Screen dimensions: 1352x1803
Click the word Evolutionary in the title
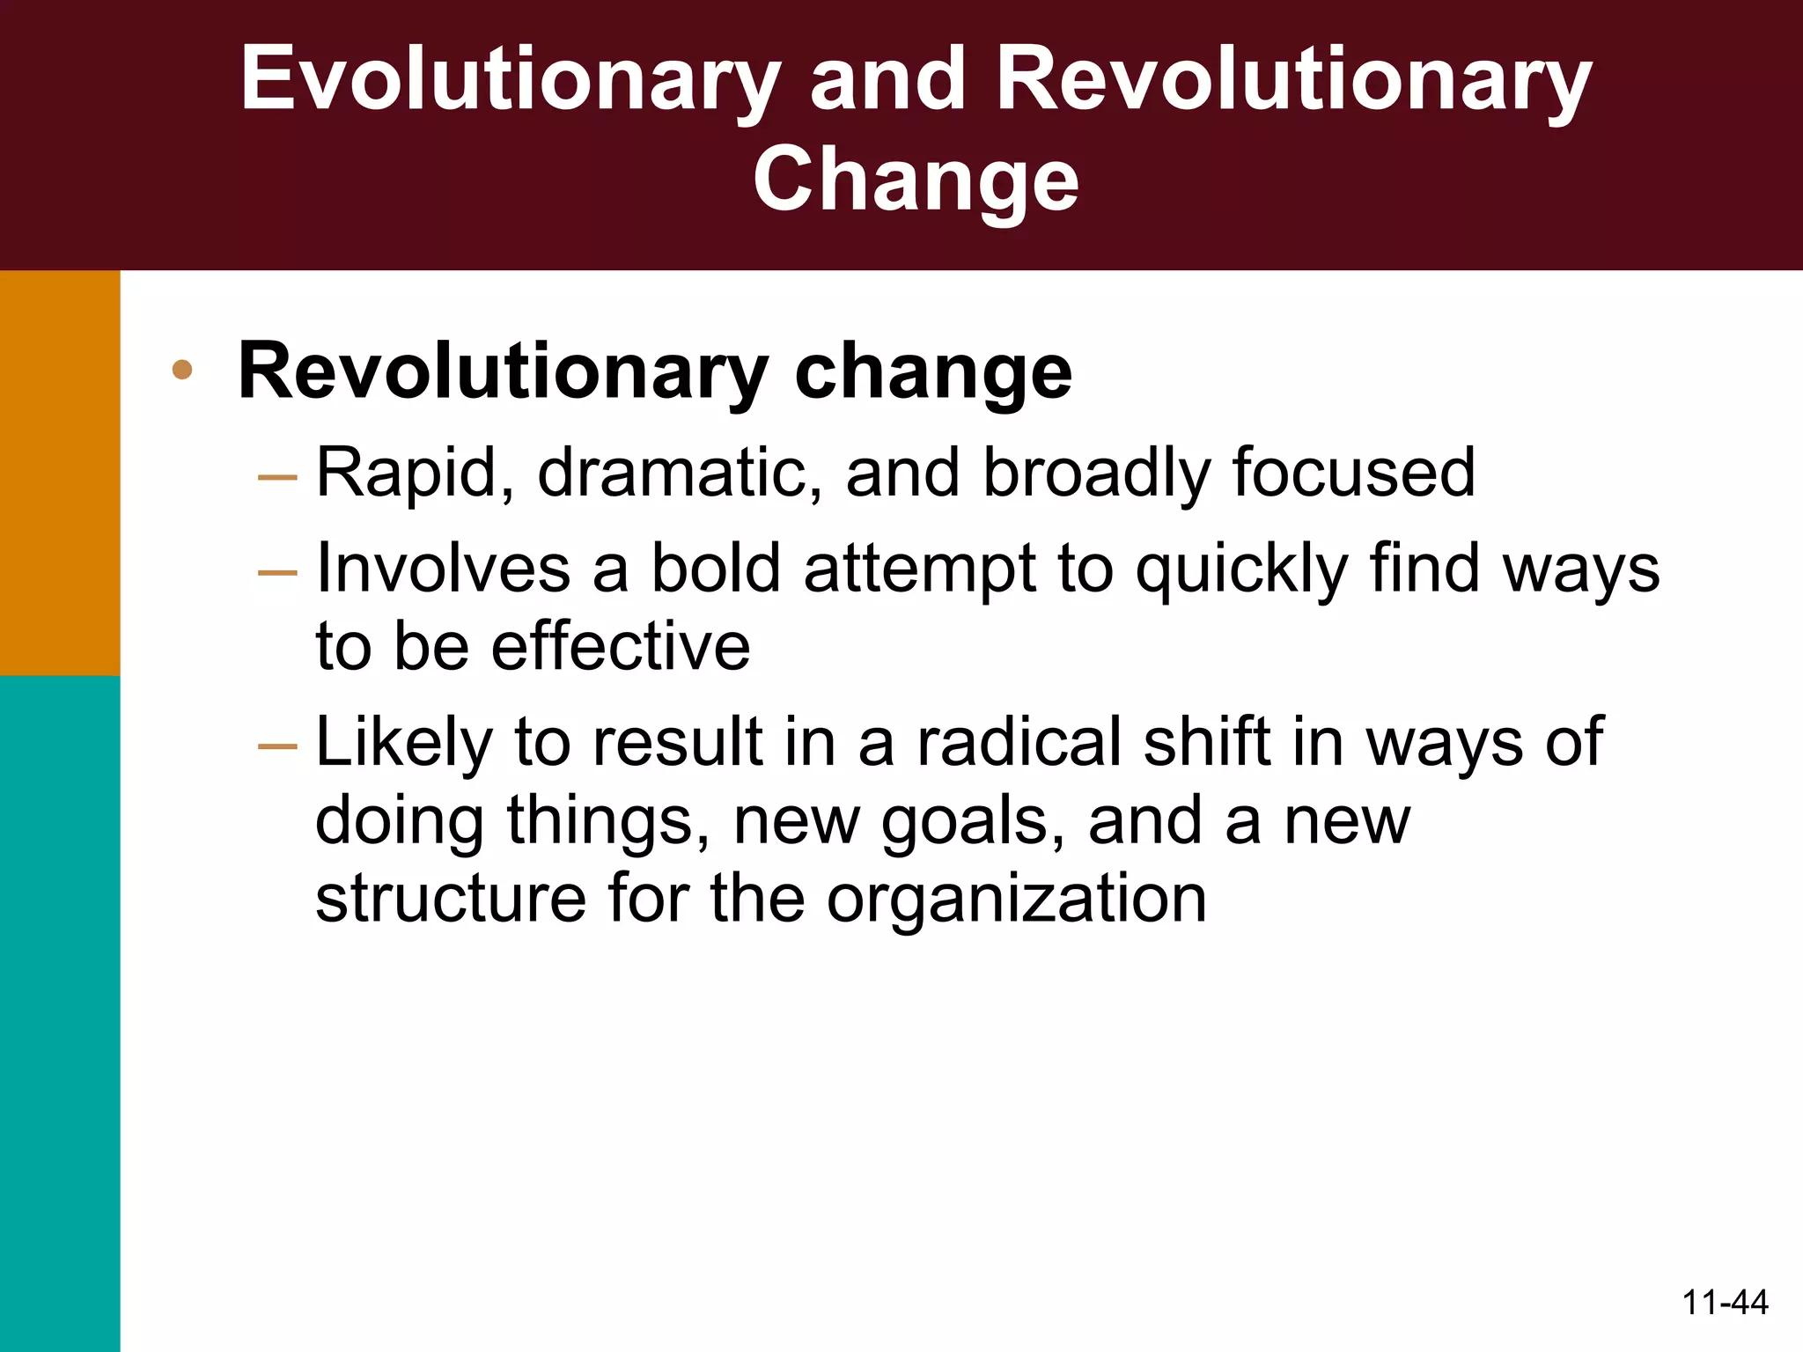[510, 81]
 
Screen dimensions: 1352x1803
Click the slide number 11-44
[1725, 1302]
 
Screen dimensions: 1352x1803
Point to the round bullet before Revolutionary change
[182, 370]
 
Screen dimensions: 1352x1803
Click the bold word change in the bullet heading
[933, 371]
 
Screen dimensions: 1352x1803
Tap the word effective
[621, 647]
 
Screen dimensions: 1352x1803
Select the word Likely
[404, 742]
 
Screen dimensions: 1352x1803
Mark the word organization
[1017, 900]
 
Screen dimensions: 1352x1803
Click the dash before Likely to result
[277, 746]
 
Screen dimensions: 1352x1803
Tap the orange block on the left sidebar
[60, 473]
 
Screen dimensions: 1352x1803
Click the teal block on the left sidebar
[60, 1012]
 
